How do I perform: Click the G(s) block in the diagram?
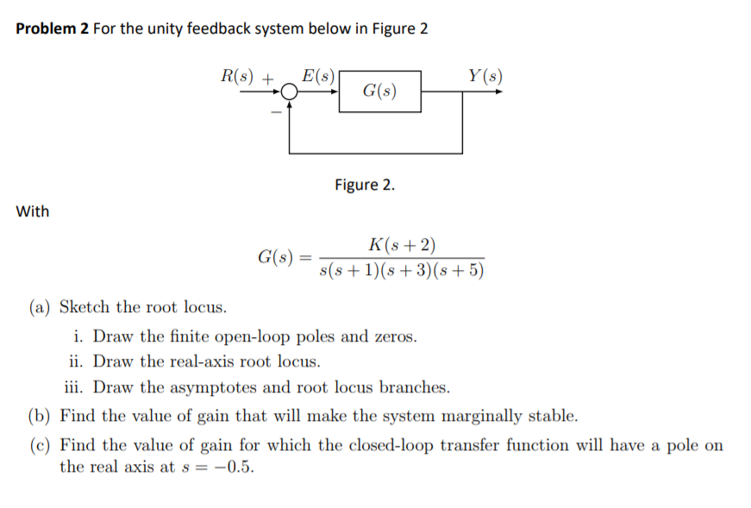380,91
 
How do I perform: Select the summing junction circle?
289,91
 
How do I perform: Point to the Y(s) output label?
485,75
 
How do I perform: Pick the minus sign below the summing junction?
276,113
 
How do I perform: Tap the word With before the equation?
33,211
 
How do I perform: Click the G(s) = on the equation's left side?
283,257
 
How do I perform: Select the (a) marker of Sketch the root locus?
39,308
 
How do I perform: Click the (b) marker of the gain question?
40,417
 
